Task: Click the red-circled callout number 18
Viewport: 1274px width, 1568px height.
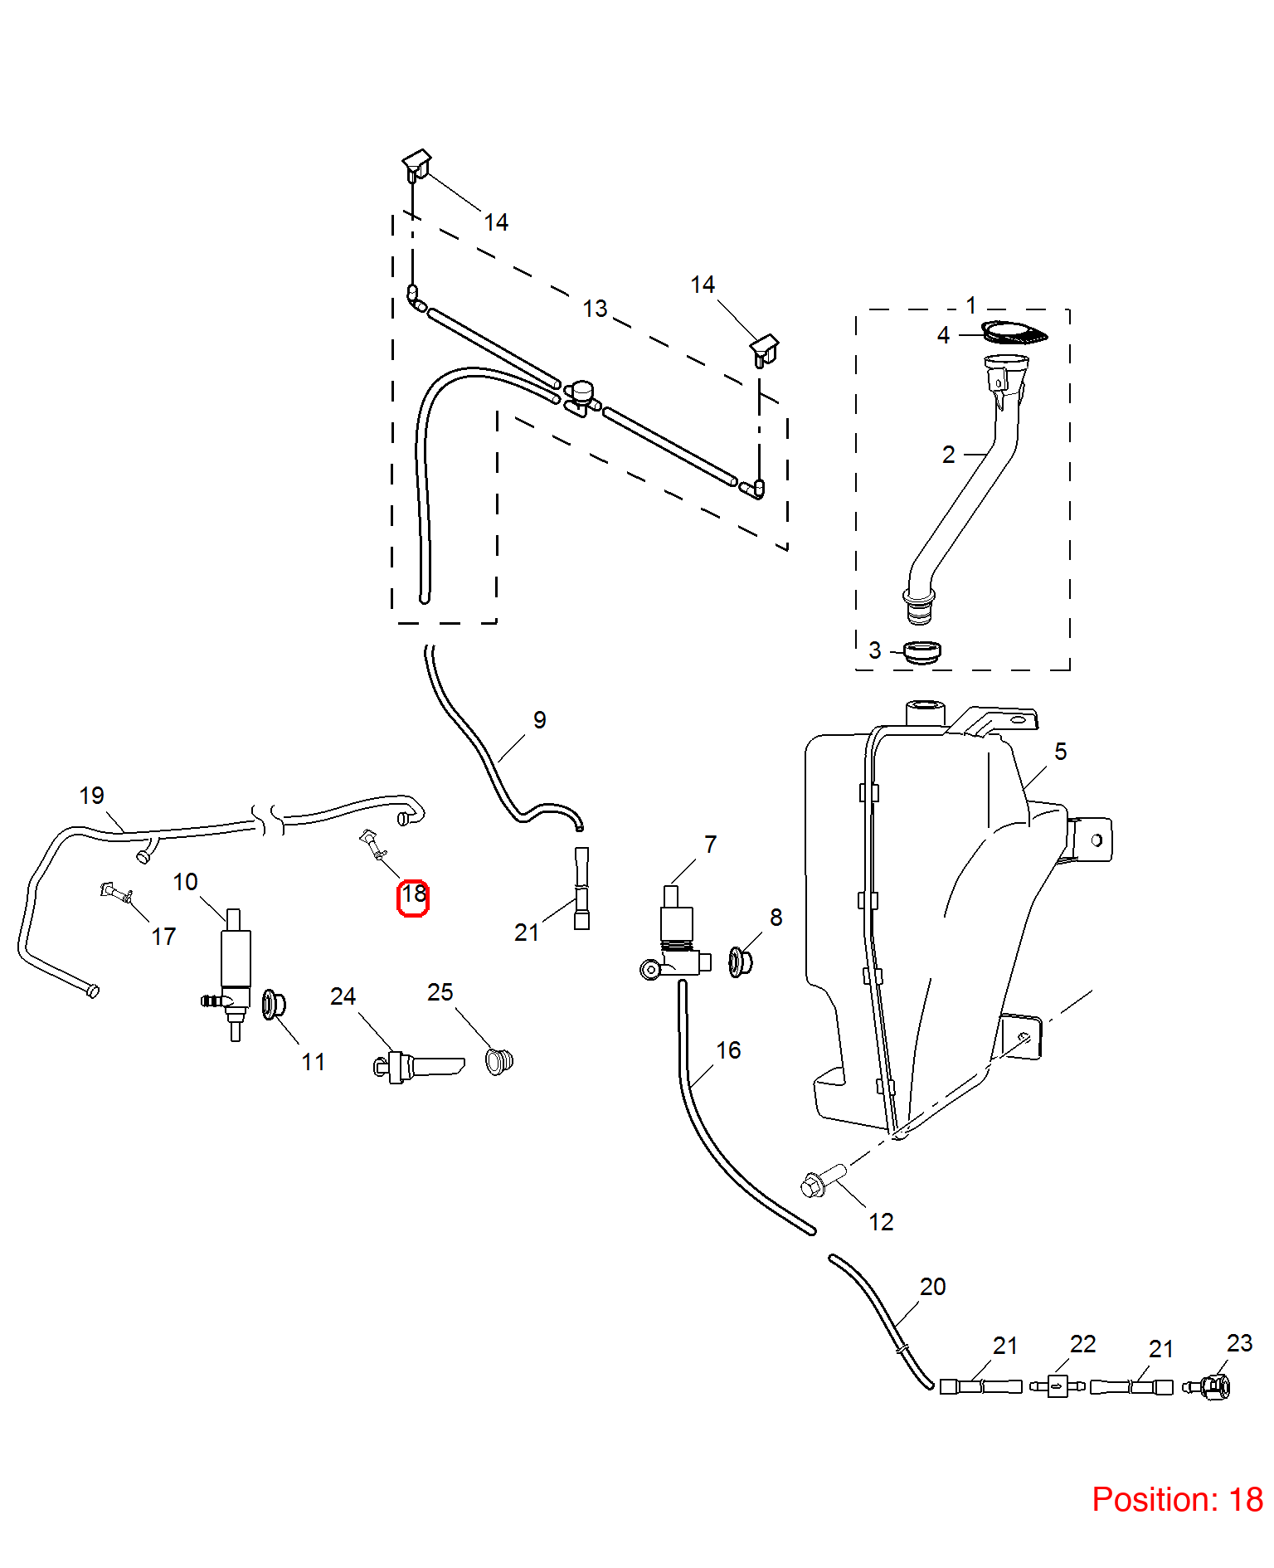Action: pyautogui.click(x=413, y=894)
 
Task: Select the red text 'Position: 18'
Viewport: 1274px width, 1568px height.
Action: pyautogui.click(x=1177, y=1499)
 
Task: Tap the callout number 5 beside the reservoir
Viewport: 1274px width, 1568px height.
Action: pyautogui.click(x=1060, y=752)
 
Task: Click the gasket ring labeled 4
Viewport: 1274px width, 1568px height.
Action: pyautogui.click(x=1014, y=333)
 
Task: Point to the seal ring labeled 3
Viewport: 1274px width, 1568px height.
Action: pyautogui.click(x=921, y=651)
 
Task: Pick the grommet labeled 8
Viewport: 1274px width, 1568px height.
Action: pyautogui.click(x=740, y=962)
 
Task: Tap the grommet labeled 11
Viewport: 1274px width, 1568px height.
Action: pyautogui.click(x=273, y=1005)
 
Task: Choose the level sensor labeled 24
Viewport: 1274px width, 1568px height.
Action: pyautogui.click(x=418, y=1066)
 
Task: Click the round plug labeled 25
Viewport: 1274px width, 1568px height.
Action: pyautogui.click(x=499, y=1061)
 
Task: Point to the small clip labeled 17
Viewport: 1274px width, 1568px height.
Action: pyautogui.click(x=117, y=893)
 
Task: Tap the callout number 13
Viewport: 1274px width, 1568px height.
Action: pyautogui.click(x=595, y=309)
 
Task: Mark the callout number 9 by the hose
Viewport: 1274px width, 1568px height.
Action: pyautogui.click(x=539, y=719)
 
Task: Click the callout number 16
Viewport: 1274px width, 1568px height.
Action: pyautogui.click(x=728, y=1050)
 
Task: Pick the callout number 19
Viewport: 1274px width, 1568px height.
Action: pyautogui.click(x=91, y=796)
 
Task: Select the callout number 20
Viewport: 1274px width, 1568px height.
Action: pyautogui.click(x=932, y=1287)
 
